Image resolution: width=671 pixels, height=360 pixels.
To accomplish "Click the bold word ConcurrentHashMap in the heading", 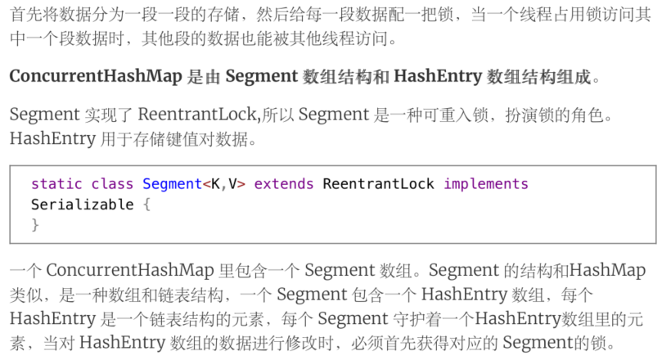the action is (x=95, y=77).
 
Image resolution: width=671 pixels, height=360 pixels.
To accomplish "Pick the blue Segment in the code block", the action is (x=171, y=184).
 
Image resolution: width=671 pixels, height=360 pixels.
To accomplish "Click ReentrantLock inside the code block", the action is (x=379, y=184).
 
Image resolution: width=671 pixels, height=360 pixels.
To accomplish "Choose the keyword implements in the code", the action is (x=486, y=184).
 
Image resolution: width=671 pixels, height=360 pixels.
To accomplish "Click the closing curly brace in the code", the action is (x=35, y=223).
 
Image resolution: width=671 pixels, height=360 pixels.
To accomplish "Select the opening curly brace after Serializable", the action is (x=146, y=204).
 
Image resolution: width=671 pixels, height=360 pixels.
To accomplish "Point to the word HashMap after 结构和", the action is (x=607, y=270).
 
